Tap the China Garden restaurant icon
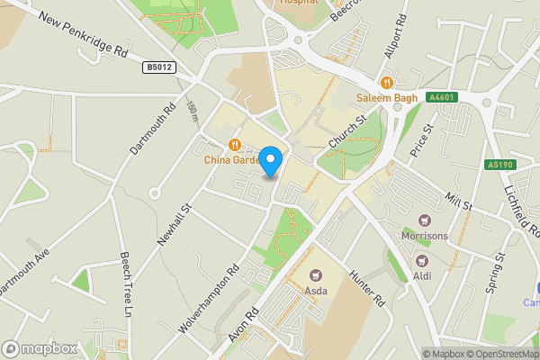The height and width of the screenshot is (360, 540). [234, 144]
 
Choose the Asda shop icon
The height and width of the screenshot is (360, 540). [315, 274]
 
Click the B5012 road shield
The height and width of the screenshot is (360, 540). [158, 67]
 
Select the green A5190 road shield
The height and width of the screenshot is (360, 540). [500, 165]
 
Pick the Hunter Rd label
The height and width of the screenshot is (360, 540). [366, 289]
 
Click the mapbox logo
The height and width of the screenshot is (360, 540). [40, 348]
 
